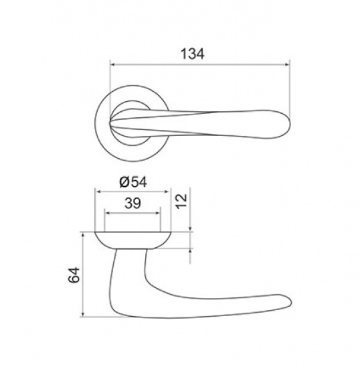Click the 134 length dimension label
193,54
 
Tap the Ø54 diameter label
133,182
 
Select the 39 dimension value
132,203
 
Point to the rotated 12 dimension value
182,202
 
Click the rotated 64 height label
74,275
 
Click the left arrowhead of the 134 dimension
112,64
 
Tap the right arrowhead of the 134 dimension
287,64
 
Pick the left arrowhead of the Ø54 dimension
98,192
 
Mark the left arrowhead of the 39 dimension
107,213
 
